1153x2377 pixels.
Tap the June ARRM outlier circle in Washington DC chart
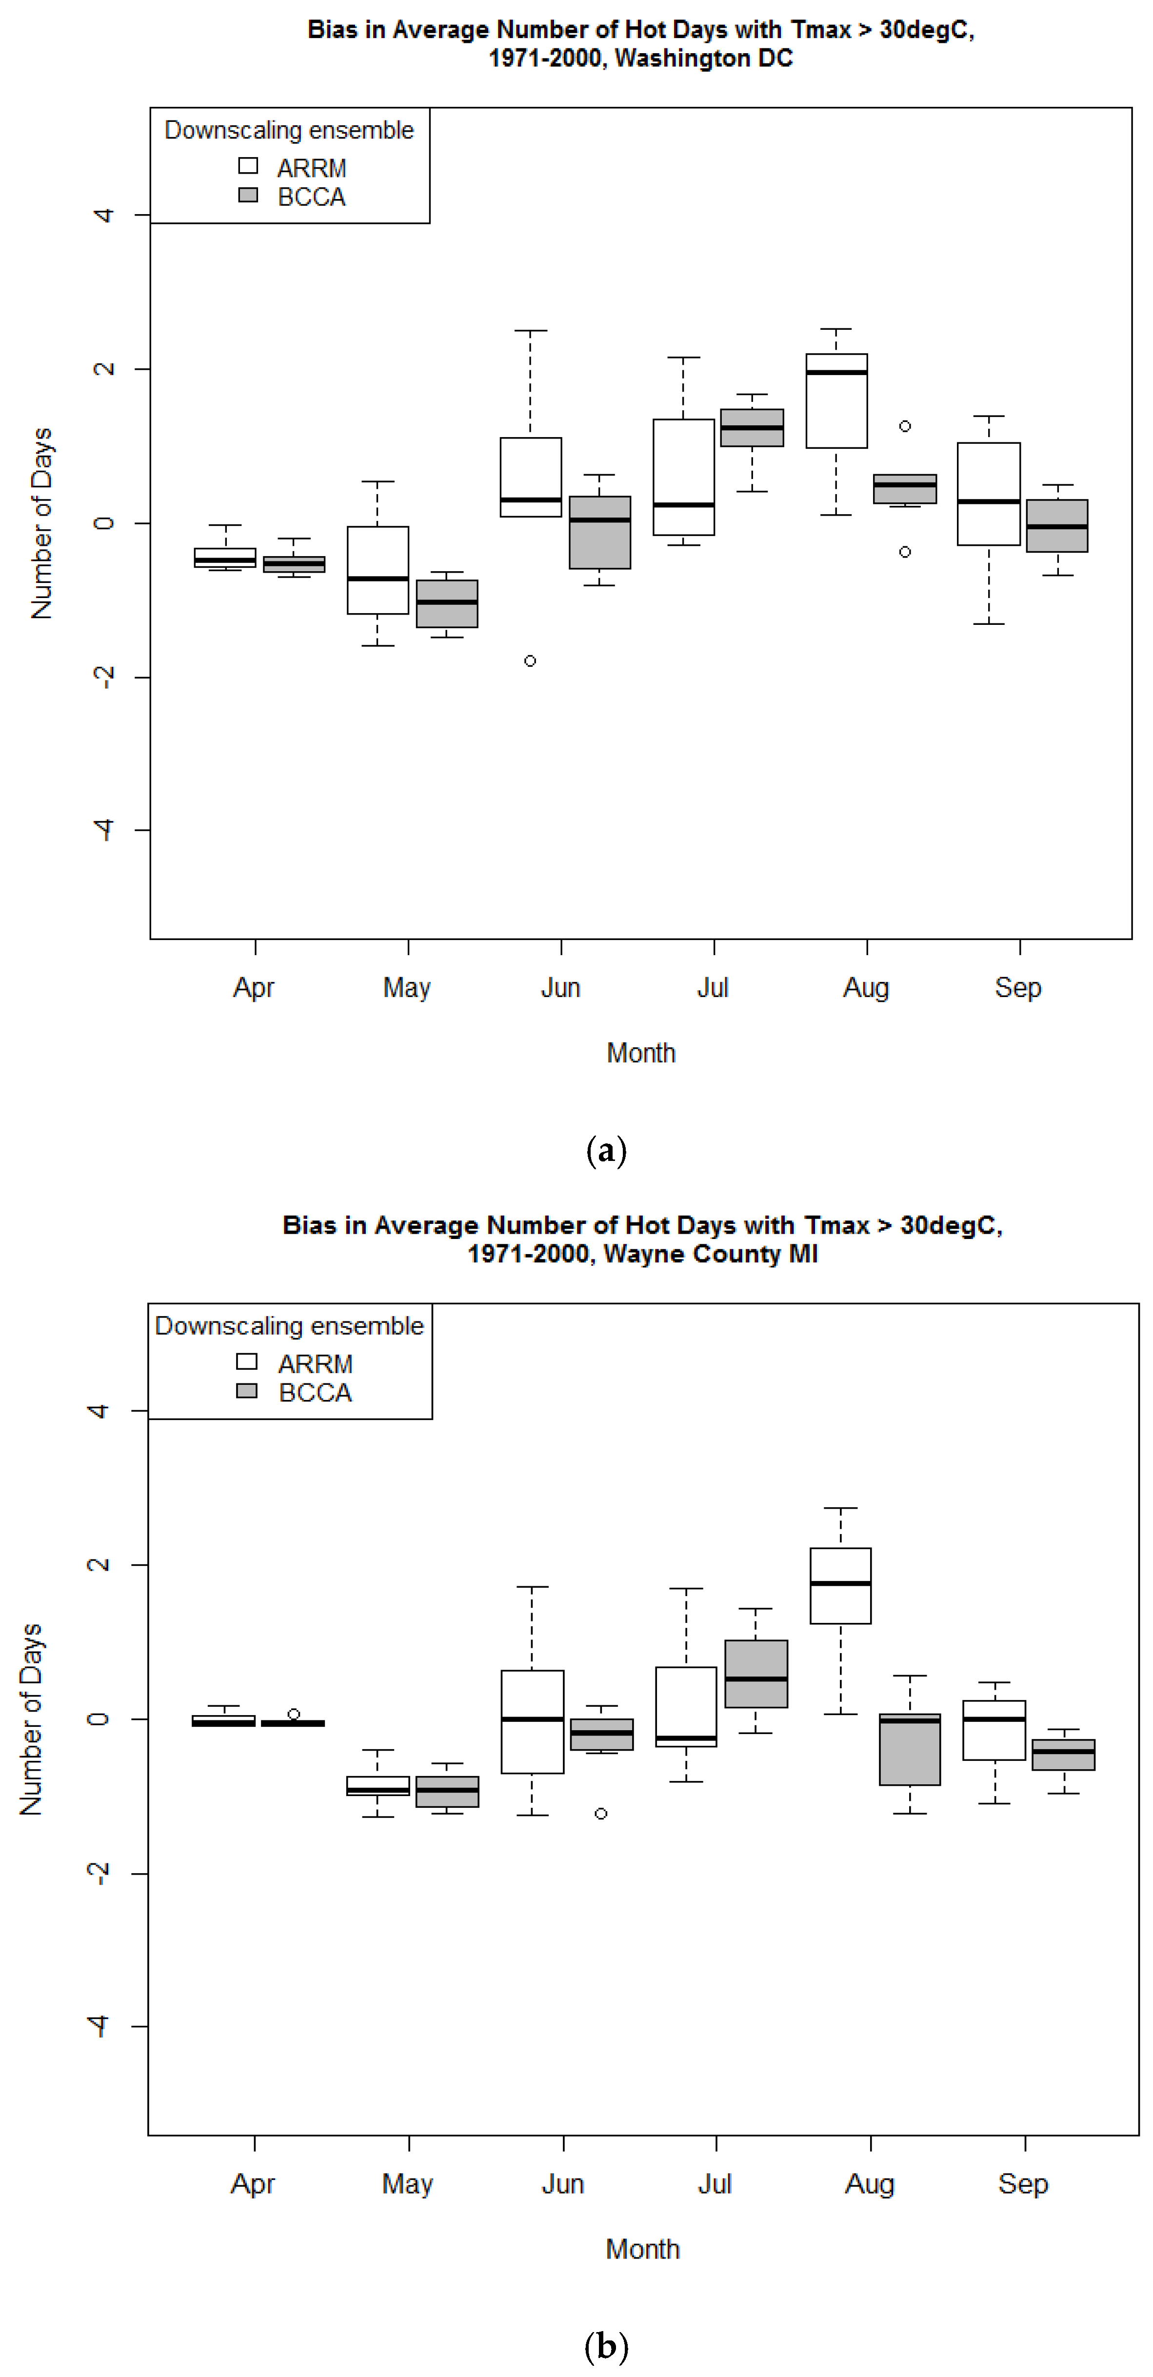point(530,660)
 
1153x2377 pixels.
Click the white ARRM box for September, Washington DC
point(989,494)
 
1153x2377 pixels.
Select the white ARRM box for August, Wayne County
point(840,1585)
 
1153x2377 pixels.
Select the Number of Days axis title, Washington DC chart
point(41,523)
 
